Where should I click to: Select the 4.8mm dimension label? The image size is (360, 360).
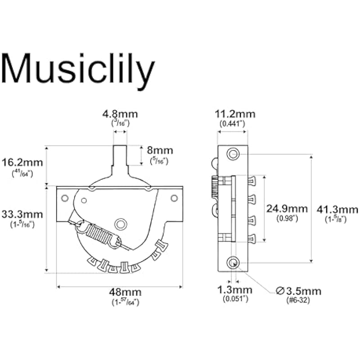(120, 114)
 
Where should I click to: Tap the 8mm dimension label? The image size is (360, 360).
(160, 150)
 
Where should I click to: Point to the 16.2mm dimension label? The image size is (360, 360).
(22, 162)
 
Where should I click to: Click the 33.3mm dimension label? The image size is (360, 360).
(22, 215)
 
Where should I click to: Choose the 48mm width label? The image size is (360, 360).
(126, 292)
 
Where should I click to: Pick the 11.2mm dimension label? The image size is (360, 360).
(235, 114)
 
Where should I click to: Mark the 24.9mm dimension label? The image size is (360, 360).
(287, 209)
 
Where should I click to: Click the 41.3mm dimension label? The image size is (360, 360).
(337, 210)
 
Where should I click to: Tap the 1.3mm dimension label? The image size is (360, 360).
(235, 290)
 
